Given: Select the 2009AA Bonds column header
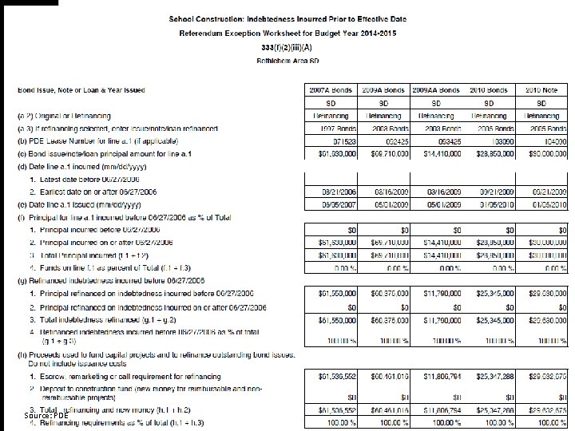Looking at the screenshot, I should click(435, 89).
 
